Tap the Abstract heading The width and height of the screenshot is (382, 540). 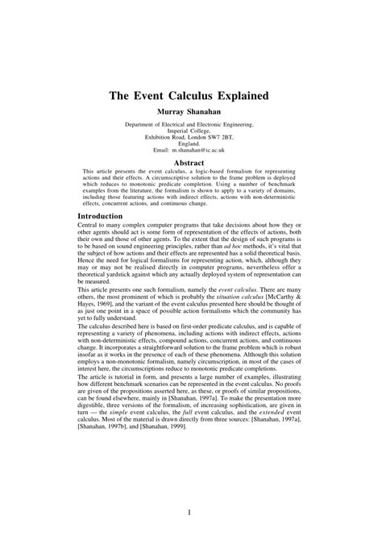click(x=191, y=163)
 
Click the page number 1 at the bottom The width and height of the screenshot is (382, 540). click(x=190, y=513)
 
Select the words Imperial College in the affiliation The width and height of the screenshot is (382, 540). click(x=191, y=131)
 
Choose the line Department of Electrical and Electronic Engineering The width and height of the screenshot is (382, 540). click(x=191, y=125)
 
